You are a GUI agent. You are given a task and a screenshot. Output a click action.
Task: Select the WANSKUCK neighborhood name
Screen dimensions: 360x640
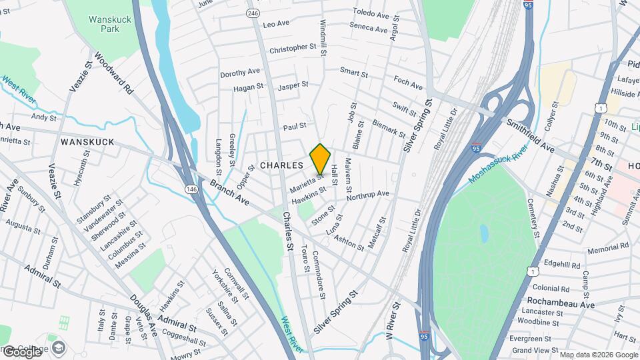point(87,142)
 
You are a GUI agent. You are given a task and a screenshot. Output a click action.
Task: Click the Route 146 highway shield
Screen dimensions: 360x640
point(191,189)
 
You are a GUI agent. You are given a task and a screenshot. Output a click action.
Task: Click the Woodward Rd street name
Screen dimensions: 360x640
point(113,73)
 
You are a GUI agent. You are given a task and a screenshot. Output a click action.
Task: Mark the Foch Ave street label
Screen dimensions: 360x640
point(408,85)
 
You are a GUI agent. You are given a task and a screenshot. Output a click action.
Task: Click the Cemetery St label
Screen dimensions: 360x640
point(534,217)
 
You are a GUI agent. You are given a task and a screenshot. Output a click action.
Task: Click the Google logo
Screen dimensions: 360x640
point(22,351)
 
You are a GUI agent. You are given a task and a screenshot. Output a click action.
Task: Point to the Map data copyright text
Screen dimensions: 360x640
point(597,354)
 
